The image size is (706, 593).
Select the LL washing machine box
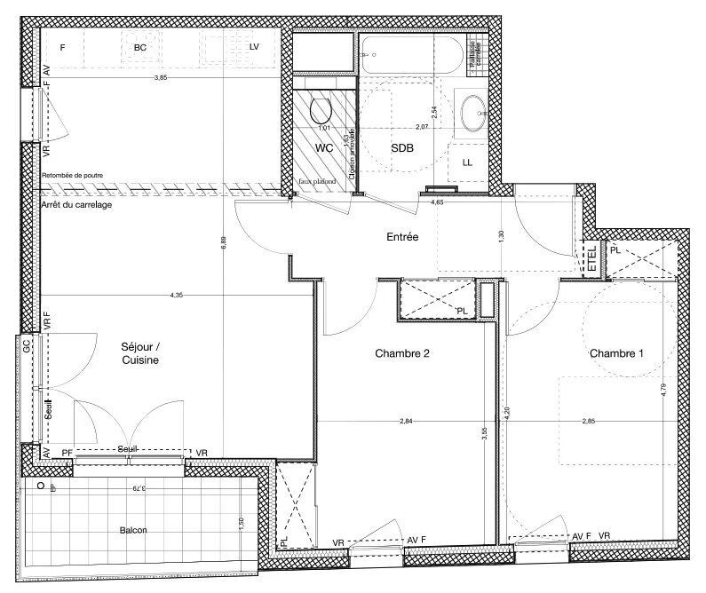click(468, 162)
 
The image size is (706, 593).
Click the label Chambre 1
click(616, 353)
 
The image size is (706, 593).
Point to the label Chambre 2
click(402, 353)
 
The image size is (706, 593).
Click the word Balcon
click(133, 530)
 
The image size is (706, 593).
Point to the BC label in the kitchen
click(139, 46)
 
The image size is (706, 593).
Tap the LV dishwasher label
click(253, 46)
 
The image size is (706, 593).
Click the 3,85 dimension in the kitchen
click(160, 78)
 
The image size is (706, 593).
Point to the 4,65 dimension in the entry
click(437, 203)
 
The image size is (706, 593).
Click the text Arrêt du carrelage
click(76, 205)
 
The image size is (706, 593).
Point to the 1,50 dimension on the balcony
click(241, 525)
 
